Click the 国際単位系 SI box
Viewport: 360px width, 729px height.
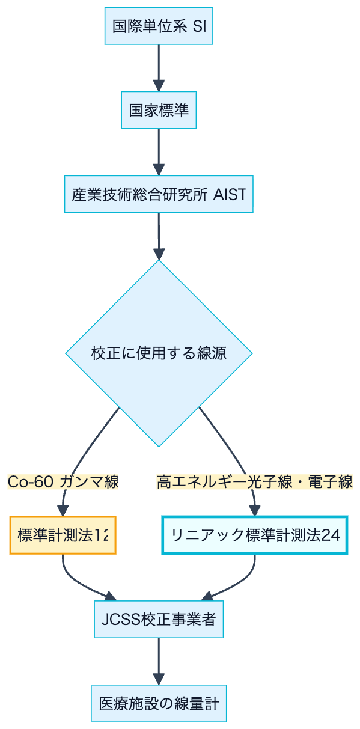[159, 26]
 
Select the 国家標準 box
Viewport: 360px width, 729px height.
[159, 110]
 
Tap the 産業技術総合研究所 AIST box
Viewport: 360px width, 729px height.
[159, 194]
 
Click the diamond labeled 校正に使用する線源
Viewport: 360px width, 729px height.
[159, 353]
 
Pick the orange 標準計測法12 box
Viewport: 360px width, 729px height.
[63, 535]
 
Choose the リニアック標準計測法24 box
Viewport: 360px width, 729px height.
[255, 535]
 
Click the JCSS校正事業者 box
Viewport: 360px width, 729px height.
[159, 619]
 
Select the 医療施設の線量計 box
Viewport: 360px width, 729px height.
[159, 703]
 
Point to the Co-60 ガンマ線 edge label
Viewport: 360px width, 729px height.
[63, 481]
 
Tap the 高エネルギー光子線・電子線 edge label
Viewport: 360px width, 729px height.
[255, 481]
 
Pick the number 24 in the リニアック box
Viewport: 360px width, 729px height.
[331, 535]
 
